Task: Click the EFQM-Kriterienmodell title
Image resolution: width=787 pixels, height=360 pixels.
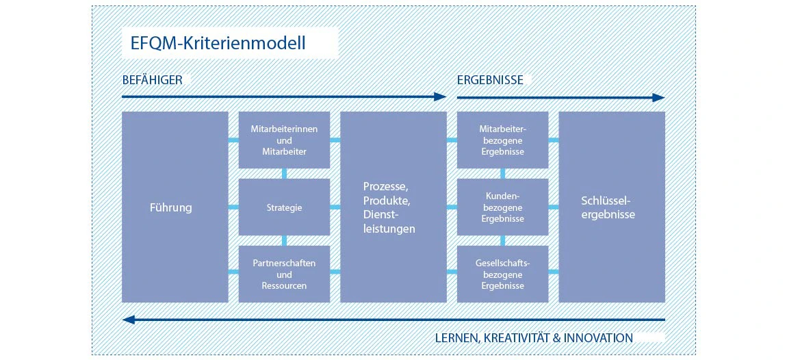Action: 218,42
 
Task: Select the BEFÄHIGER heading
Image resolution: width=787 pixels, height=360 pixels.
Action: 152,80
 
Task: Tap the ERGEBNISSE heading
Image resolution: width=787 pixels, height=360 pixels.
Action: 490,80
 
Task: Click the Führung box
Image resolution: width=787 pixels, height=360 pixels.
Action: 175,207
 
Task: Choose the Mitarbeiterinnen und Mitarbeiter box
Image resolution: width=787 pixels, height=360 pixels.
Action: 284,140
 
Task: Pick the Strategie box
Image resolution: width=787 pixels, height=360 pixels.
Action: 284,207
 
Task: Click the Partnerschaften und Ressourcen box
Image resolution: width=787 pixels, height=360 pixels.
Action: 284,274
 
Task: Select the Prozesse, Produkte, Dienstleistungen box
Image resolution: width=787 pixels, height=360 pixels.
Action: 393,207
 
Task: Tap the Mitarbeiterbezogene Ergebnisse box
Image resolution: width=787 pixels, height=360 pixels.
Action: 502,140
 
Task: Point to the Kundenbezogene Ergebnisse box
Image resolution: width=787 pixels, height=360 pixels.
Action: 502,207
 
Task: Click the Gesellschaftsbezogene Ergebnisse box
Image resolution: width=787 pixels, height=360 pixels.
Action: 502,274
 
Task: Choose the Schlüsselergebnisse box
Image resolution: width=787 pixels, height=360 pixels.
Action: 612,207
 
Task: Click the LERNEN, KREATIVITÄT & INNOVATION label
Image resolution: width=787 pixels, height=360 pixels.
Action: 534,338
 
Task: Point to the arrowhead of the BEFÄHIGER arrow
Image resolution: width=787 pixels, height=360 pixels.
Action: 440,97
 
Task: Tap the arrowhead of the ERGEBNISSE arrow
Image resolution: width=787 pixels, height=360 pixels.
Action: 658,97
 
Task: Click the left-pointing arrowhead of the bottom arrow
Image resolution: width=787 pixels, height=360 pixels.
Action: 129,320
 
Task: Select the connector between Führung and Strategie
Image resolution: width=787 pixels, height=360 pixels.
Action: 233,207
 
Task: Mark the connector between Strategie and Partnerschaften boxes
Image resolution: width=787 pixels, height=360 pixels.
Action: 284,240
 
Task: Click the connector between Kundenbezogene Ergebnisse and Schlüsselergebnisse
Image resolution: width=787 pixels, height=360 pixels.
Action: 554,207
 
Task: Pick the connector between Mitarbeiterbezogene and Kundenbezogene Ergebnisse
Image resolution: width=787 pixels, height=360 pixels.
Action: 502,174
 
